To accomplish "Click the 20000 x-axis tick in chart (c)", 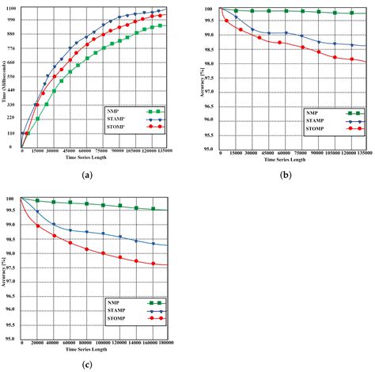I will click(36, 342).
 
